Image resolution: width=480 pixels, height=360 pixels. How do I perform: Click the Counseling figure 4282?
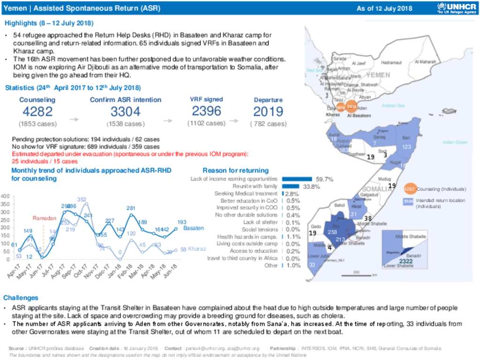37,112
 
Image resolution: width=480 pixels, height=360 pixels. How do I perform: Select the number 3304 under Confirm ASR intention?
125,112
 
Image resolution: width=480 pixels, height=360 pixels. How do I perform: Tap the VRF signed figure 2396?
206,111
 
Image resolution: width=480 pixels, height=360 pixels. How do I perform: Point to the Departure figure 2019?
268,112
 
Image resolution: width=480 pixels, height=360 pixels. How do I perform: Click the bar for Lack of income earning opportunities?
297,179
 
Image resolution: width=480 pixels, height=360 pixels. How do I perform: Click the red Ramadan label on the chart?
44,218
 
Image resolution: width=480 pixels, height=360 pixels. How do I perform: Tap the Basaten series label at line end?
194,228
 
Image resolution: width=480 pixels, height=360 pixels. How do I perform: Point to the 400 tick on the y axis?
5,196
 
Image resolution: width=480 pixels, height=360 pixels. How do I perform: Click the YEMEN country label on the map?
378,75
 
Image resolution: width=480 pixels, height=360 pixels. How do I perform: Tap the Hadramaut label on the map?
392,62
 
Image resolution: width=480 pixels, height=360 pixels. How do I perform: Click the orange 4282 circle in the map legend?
409,189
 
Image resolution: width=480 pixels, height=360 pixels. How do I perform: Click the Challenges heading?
21,298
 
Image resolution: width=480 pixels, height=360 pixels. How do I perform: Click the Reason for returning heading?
235,170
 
